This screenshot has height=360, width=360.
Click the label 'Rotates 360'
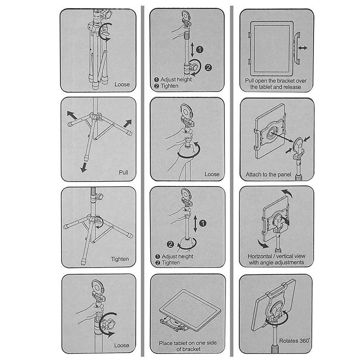pos(294,341)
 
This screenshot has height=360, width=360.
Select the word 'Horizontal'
pos(260,256)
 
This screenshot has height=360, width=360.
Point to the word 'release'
pos(292,87)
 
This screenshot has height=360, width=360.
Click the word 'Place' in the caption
pos(166,343)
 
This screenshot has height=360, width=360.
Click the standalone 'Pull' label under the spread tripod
pos(123,172)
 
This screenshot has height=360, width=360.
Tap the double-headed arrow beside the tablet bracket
pos(303,48)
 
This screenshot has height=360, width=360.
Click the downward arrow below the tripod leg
pos(84,167)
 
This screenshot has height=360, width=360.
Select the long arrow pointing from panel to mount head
pos(282,137)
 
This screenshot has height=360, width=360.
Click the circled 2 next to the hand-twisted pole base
pos(170,244)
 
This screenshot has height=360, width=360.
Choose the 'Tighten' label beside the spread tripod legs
pos(120,259)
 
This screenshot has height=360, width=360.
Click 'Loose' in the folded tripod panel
pos(122,84)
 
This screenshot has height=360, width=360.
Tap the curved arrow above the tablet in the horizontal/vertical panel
pos(287,193)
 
